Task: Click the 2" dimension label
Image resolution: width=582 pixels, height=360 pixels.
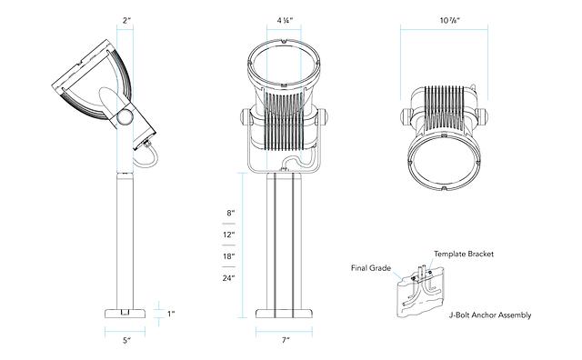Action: tap(127, 19)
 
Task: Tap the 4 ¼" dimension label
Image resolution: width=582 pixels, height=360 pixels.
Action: tap(284, 19)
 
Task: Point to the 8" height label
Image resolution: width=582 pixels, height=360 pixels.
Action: tap(230, 213)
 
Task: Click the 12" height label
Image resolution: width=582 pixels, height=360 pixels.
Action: tap(229, 235)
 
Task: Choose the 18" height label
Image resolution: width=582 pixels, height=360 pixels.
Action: tap(229, 256)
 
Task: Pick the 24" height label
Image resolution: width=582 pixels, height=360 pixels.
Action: tap(229, 277)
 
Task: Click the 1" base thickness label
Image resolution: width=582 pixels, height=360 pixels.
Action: tap(170, 314)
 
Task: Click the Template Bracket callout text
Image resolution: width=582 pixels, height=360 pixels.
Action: tap(463, 255)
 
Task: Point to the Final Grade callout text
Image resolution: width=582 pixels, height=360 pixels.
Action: tap(369, 269)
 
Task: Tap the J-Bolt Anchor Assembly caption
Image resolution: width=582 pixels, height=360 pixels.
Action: tap(489, 315)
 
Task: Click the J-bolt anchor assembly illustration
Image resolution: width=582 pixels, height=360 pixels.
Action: tap(417, 291)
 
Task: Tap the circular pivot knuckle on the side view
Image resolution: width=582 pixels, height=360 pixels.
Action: tap(125, 115)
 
